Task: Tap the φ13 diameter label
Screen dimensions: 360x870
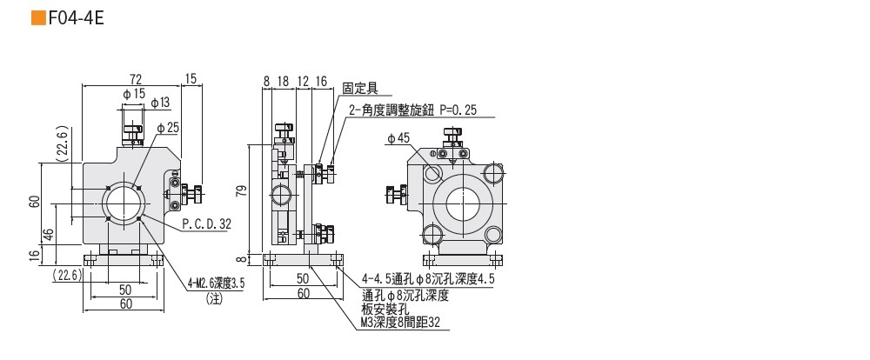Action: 160,103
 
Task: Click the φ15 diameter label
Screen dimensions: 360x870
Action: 132,93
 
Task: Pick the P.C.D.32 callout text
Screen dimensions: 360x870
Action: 207,223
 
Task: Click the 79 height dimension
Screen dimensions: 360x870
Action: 243,190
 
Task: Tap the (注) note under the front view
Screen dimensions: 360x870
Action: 215,297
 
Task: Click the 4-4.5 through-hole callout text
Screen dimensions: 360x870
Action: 427,280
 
